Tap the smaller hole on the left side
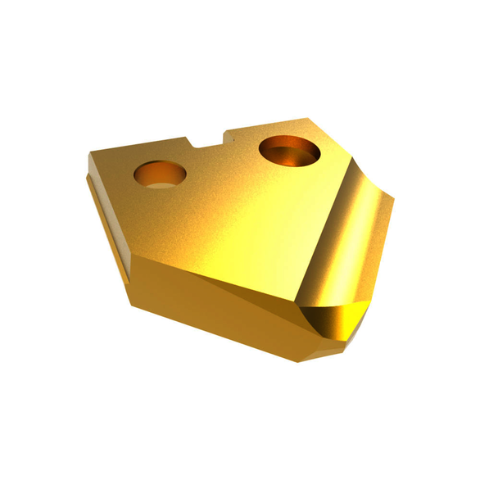tap(159, 174)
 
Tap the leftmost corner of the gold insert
tap(88, 153)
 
